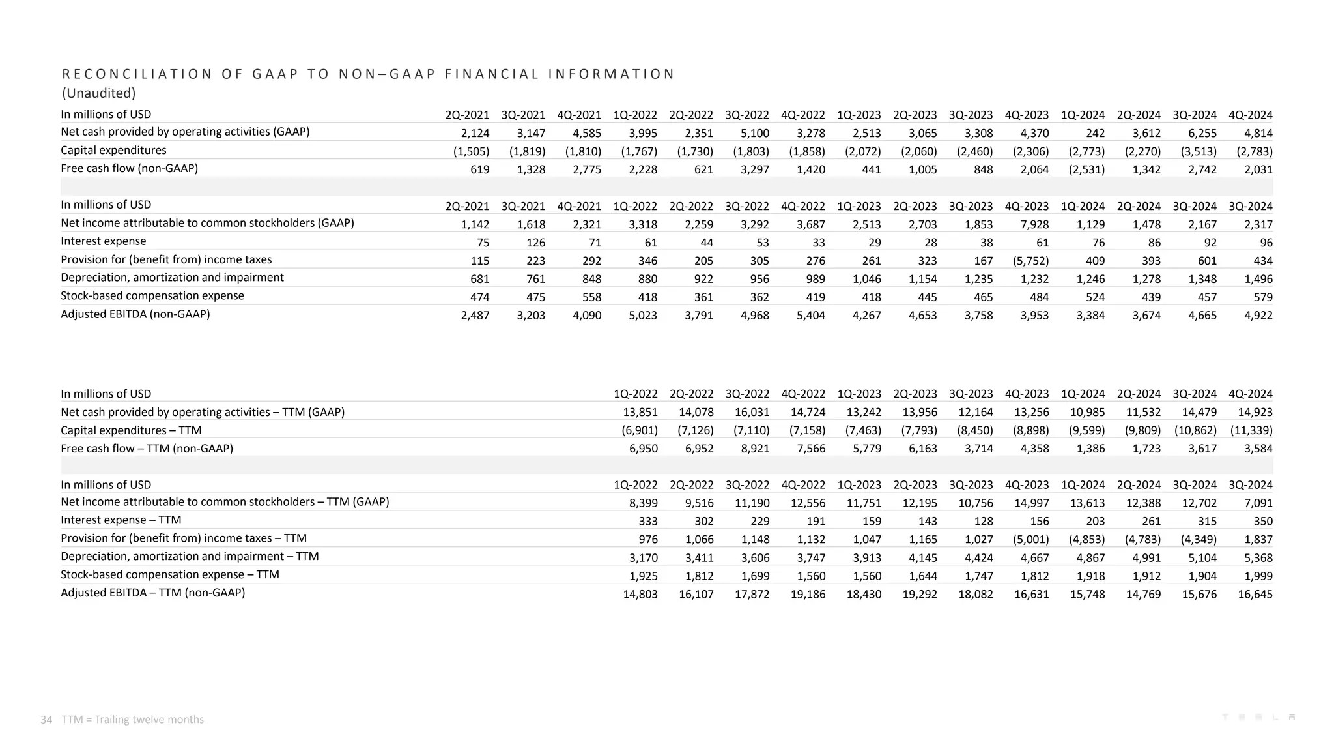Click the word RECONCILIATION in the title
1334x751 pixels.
pos(137,74)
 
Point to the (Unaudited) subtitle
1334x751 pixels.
pos(98,93)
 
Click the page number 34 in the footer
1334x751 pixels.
pos(46,720)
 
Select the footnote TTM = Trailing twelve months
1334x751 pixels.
pos(133,720)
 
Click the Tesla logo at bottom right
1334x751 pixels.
pos(1258,717)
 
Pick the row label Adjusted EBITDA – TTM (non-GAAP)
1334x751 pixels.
pos(152,593)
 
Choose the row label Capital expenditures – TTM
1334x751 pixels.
pos(131,430)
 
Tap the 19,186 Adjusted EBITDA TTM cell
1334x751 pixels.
pos(808,595)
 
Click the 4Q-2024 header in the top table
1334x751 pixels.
pos(1250,115)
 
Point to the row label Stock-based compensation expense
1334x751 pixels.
pos(152,296)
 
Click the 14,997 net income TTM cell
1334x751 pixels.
pos(1032,503)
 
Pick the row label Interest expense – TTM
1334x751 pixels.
pos(121,520)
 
